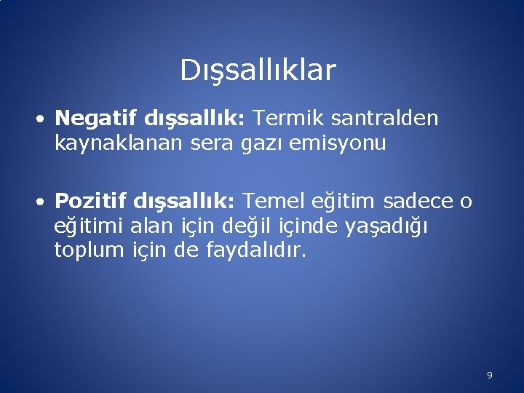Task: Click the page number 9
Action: pyautogui.click(x=489, y=376)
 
